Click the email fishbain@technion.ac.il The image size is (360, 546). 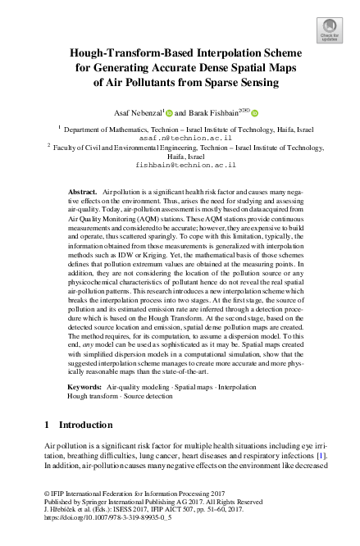pos(180,165)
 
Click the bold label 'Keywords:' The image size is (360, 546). pos(84,384)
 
